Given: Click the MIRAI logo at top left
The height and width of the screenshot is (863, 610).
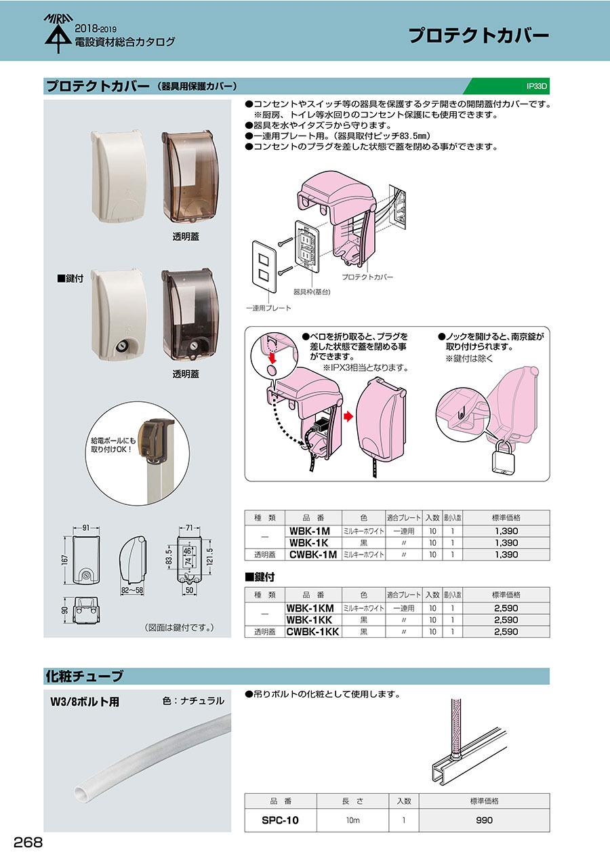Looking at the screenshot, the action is [x=58, y=33].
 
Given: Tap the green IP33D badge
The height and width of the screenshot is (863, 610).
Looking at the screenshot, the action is [x=507, y=86].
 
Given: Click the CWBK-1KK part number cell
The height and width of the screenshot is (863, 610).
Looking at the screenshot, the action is [x=312, y=631].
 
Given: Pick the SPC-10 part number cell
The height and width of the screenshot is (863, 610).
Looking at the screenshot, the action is [x=281, y=820].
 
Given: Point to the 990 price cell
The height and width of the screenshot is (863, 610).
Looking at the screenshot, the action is [x=484, y=820].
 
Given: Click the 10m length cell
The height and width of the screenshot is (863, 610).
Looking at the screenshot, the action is [x=352, y=820].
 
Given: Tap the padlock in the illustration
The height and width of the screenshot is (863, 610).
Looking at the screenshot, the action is [x=504, y=458].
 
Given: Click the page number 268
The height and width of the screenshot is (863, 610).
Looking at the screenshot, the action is [x=28, y=842].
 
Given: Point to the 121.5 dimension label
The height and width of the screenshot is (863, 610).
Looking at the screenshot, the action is [x=209, y=555].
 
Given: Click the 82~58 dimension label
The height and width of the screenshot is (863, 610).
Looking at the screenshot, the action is [x=131, y=590].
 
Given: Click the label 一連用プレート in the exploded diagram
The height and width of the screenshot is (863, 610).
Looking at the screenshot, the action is [x=268, y=308].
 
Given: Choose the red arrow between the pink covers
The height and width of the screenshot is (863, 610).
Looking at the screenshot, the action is [x=348, y=416].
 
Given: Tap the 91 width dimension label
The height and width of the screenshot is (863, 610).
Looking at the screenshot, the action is [x=86, y=528].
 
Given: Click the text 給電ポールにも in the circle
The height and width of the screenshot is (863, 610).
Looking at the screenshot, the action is [x=113, y=441].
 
